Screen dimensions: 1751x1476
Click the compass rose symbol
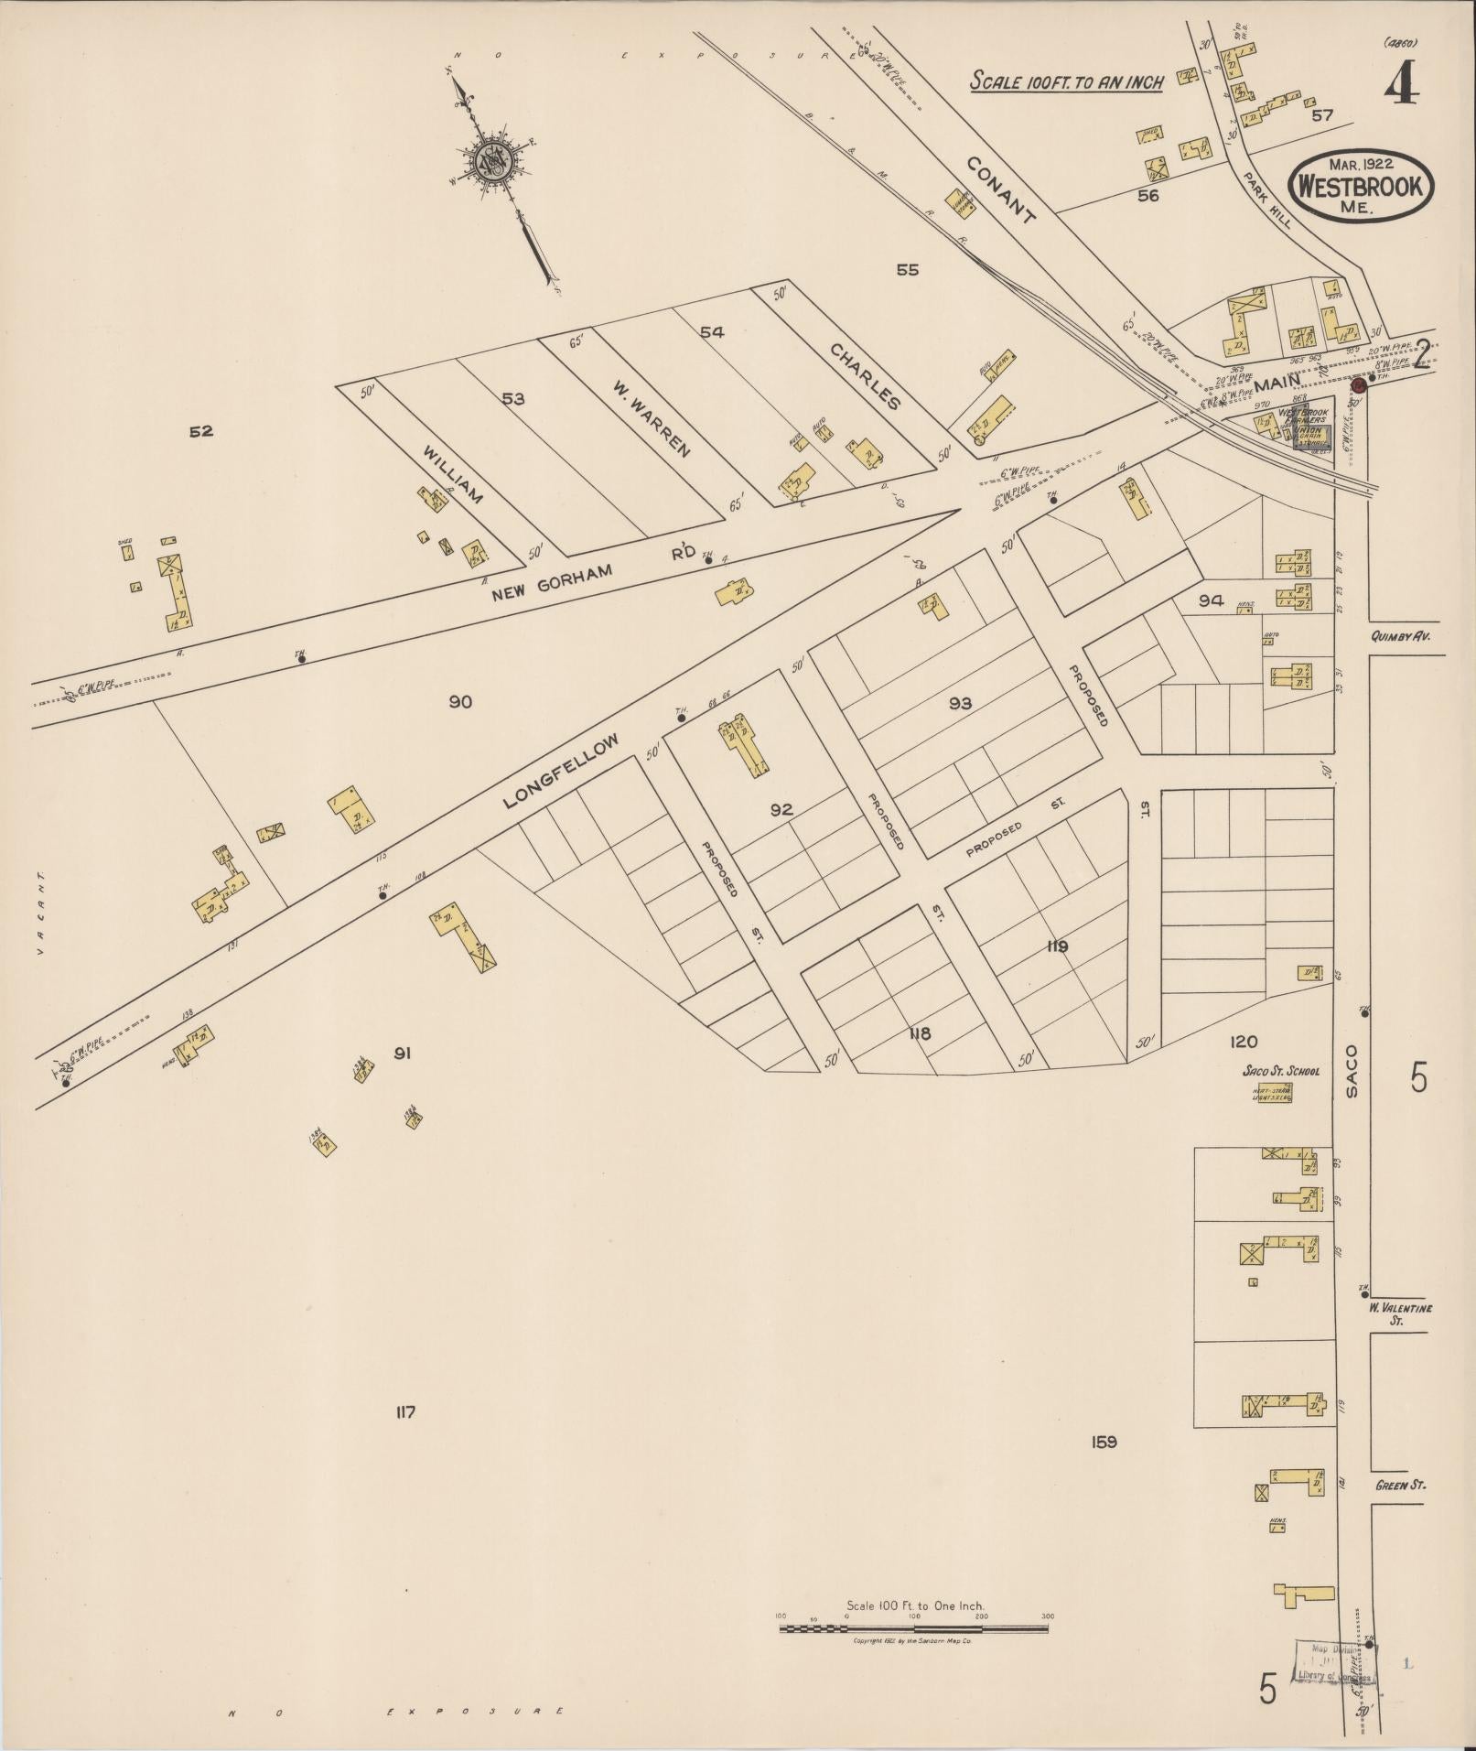coord(495,163)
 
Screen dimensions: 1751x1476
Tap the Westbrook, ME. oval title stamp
coord(1360,186)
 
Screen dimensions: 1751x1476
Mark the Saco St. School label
coord(1280,1071)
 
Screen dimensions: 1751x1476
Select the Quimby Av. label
coord(1406,638)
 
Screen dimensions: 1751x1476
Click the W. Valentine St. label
coord(1400,1313)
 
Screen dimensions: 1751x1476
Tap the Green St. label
coord(1400,1486)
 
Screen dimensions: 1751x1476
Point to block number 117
coord(405,1438)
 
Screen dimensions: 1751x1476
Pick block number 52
coord(200,431)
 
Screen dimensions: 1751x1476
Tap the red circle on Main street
coord(1359,385)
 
